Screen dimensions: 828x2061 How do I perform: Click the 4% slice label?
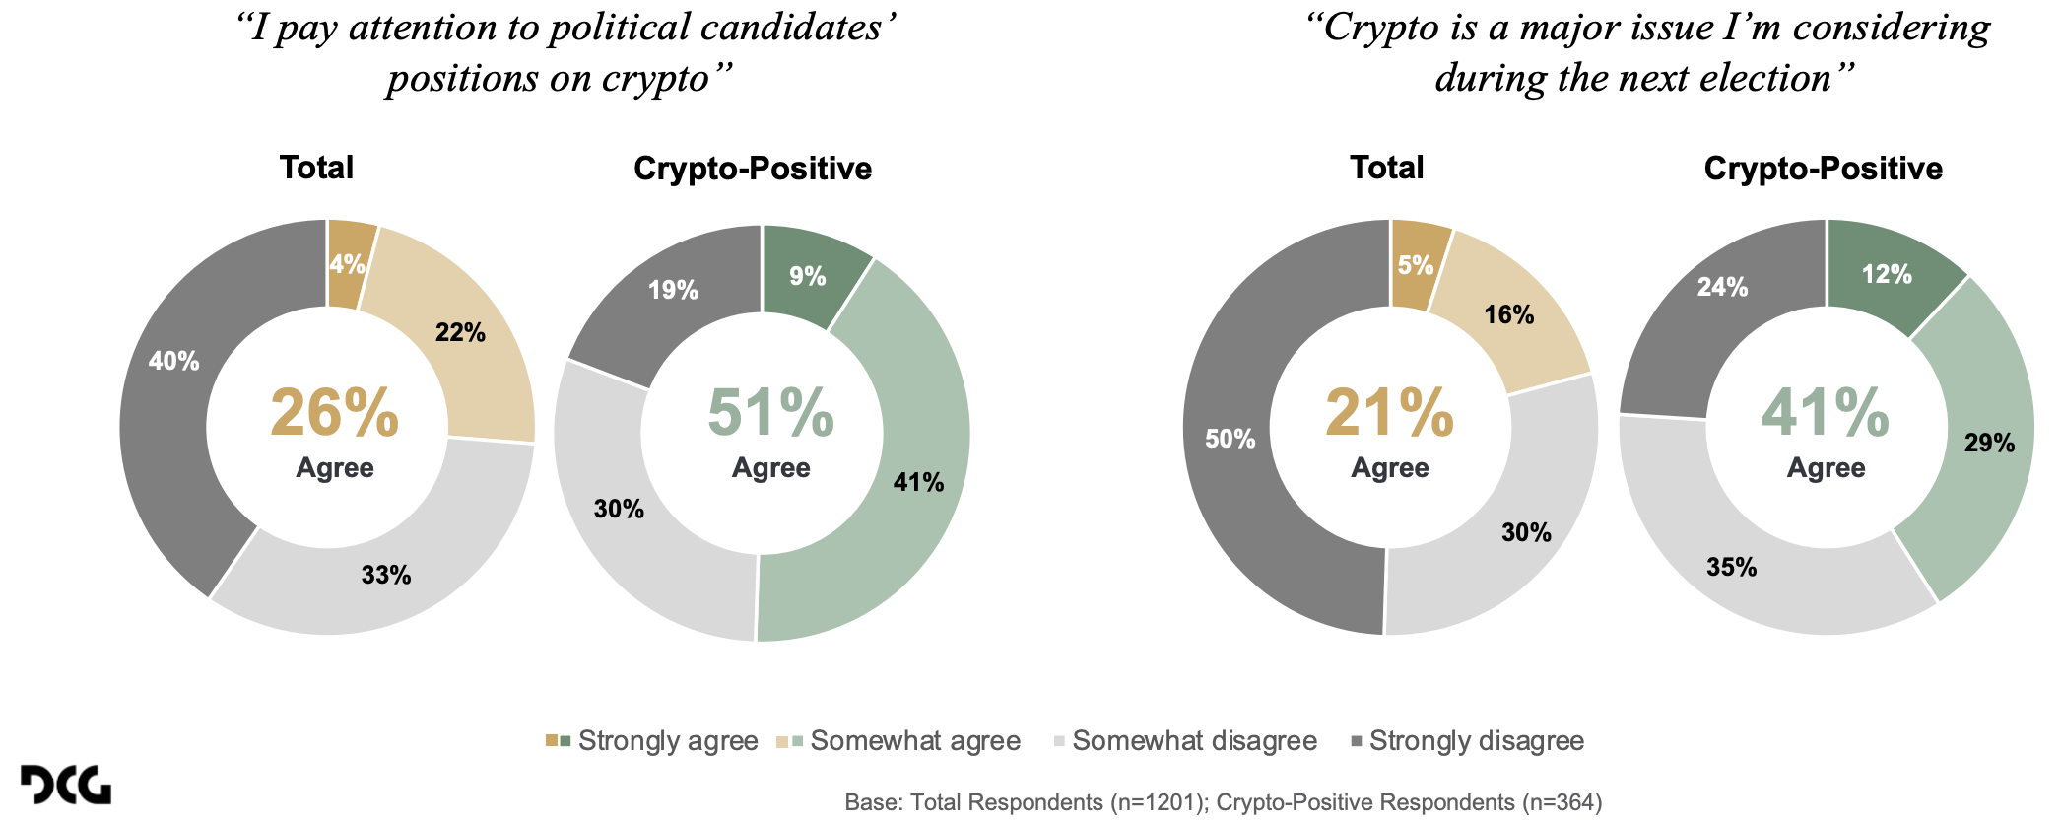[347, 264]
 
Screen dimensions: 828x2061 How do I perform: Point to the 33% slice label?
[386, 575]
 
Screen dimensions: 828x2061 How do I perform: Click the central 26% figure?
[334, 413]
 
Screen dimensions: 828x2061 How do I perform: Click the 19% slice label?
[673, 290]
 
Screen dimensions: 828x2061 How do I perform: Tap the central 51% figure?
[770, 413]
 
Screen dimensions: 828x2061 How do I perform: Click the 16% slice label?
[1509, 314]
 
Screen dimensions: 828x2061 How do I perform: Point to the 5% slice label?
[1416, 264]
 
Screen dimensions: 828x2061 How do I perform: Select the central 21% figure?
[1389, 413]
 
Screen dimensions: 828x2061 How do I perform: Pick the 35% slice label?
[1732, 567]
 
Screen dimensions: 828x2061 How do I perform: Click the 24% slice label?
[1722, 287]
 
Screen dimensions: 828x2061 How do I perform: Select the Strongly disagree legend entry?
[1468, 741]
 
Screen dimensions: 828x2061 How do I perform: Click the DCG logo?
[66, 785]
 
